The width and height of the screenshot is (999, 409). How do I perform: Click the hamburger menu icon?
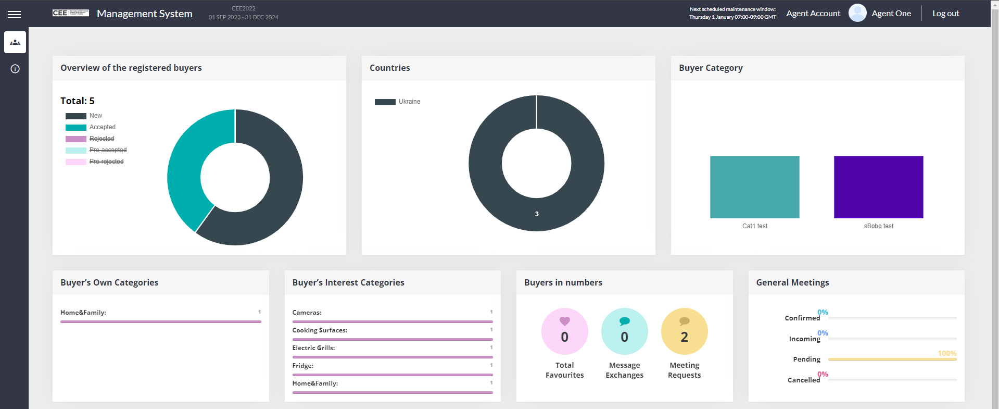coord(15,15)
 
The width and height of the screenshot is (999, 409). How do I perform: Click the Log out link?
coord(945,14)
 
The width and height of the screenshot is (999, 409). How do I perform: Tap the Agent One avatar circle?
coord(857,13)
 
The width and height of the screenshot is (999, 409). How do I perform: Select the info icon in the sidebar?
coord(15,69)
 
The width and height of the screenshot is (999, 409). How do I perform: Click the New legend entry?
coord(95,116)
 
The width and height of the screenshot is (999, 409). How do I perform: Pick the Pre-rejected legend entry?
coord(106,162)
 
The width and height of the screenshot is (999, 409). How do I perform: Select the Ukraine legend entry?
coord(409,102)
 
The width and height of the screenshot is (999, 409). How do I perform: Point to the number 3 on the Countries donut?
coord(537,214)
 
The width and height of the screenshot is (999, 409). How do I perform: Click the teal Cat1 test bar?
coord(754,187)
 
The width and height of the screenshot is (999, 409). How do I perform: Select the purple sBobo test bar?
coord(878,187)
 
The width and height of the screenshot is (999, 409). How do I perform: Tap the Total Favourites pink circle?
coord(564,331)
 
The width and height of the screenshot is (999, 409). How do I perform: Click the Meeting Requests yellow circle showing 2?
coord(684,331)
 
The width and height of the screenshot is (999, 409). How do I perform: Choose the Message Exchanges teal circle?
coord(624,331)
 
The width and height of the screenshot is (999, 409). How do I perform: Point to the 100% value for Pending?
coord(947,353)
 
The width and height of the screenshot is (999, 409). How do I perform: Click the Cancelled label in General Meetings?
coord(803,380)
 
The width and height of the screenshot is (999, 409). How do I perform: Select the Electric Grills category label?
coord(313,348)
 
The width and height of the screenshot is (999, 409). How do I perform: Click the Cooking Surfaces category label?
coord(320,330)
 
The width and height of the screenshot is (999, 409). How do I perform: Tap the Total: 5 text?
coord(78,101)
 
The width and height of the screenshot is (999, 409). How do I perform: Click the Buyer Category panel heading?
coord(711,68)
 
